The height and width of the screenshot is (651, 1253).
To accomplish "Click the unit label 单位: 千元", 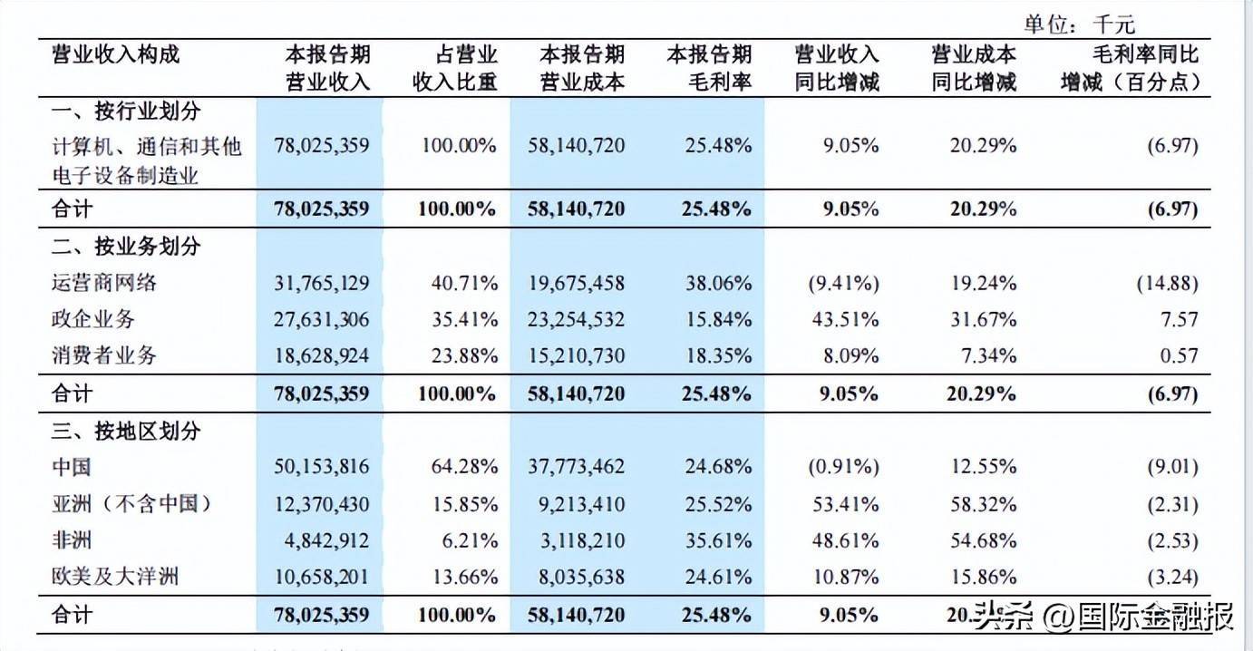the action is [x=1080, y=24].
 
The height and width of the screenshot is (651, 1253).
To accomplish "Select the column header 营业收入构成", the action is [x=116, y=54].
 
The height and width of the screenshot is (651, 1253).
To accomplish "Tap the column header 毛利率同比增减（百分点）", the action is [x=1131, y=68].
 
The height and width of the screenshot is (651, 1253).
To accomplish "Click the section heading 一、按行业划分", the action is [x=126, y=112].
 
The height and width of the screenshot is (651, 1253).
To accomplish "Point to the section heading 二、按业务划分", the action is [x=126, y=246].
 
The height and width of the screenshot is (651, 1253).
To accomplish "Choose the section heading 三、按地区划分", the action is [x=126, y=432].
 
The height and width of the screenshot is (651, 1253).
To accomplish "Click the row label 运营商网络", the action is [x=104, y=283].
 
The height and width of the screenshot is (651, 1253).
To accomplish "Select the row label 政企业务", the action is [x=93, y=319].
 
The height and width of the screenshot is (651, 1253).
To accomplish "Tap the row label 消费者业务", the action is [x=104, y=355].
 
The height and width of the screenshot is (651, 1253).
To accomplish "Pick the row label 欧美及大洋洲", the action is [x=115, y=577].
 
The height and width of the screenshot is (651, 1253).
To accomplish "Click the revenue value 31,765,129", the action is [x=322, y=284].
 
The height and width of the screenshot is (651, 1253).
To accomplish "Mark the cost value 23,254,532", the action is [x=576, y=320].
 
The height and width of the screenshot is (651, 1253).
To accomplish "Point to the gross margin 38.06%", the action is [x=719, y=284].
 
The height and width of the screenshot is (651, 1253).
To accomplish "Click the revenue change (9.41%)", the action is [x=843, y=284].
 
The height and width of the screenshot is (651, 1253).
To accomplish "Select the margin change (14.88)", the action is [x=1168, y=284].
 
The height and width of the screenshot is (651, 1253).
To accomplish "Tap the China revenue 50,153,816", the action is [x=322, y=467].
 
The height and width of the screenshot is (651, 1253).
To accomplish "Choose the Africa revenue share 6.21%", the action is [x=470, y=540].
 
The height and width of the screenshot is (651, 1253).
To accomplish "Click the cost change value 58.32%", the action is [x=984, y=505].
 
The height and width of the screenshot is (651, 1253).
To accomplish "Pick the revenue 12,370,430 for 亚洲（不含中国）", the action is [x=322, y=505].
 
